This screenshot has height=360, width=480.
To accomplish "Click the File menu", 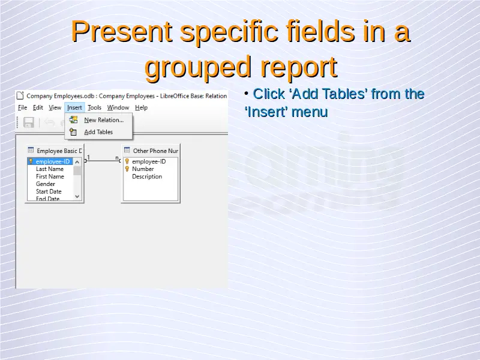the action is [x=22, y=107].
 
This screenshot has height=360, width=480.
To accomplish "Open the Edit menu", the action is [x=38, y=107].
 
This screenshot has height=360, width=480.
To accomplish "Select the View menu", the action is [x=55, y=107].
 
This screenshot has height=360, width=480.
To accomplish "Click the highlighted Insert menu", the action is [x=74, y=107].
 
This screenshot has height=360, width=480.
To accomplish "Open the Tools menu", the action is [x=94, y=107].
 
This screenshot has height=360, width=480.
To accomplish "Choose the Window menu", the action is [x=118, y=107].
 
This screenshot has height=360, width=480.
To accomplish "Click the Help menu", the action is [x=141, y=107].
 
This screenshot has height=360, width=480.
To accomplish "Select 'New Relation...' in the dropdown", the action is [x=104, y=120].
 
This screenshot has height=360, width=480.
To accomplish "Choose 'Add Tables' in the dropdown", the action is [x=98, y=132].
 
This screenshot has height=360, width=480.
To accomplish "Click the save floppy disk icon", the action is [x=29, y=122].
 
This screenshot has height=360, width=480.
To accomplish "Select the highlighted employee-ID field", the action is [x=53, y=161].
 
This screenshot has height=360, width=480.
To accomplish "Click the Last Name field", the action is [x=50, y=169].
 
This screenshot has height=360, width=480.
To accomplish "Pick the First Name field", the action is [x=50, y=176].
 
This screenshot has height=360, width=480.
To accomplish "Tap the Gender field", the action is [x=46, y=184].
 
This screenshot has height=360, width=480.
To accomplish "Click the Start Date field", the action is [x=49, y=191].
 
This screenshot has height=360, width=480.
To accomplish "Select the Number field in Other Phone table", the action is [x=143, y=169].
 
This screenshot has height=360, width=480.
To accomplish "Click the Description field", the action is [x=147, y=176].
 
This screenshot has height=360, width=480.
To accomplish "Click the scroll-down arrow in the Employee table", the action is [x=77, y=197].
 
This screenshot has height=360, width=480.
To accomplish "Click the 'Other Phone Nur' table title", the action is [x=155, y=151].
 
